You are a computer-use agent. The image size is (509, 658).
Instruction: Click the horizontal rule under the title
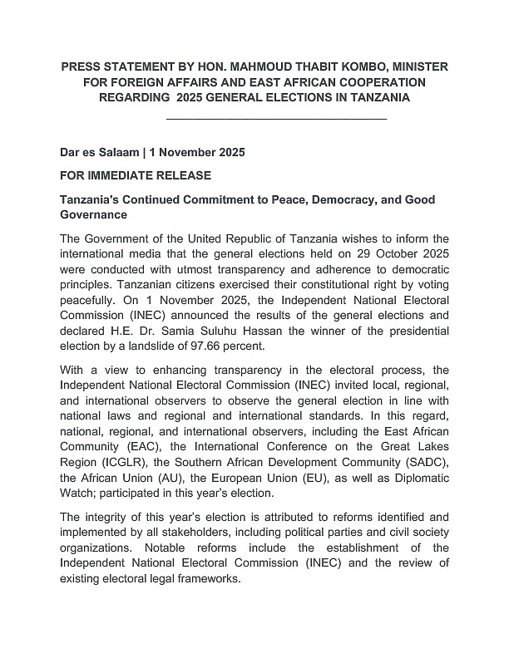coord(277,120)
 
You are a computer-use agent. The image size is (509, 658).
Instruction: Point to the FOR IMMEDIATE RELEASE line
coord(136,176)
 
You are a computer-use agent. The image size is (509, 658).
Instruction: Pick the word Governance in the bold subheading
coord(93,215)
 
